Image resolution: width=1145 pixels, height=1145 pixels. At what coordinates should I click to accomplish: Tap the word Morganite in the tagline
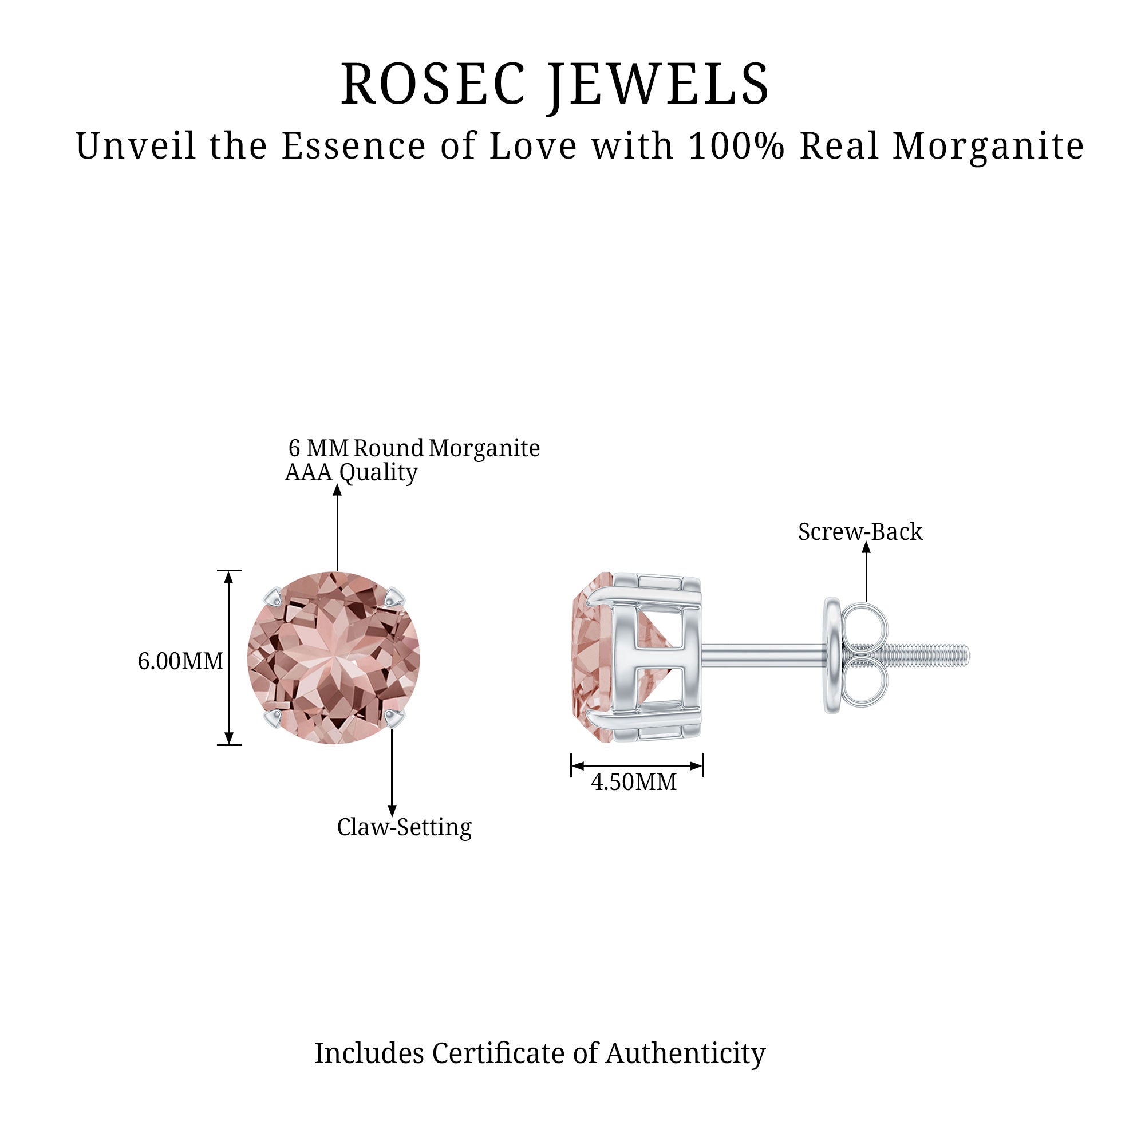tap(988, 147)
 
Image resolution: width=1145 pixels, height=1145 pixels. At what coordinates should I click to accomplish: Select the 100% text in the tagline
tap(737, 146)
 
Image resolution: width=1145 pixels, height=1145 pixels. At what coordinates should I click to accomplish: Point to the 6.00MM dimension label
tap(181, 661)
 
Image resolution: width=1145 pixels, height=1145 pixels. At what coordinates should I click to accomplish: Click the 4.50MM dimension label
tap(634, 782)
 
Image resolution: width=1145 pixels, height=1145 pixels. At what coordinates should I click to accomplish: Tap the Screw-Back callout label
tap(860, 532)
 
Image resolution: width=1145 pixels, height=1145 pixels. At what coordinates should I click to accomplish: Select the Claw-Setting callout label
tap(404, 827)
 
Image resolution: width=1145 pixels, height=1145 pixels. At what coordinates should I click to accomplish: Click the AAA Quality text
tap(352, 472)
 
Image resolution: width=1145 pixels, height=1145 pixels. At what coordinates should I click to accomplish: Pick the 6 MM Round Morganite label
tap(414, 448)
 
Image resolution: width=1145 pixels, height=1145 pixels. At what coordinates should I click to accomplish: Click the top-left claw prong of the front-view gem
tap(274, 599)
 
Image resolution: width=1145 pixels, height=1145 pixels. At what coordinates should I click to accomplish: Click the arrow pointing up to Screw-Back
tap(866, 572)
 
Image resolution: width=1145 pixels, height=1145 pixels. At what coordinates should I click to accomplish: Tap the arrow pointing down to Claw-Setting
tap(392, 772)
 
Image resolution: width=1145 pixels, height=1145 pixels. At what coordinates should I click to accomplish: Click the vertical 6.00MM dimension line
tap(230, 657)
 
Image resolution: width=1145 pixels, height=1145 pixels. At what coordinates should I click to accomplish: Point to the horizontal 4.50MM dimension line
tap(637, 765)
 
